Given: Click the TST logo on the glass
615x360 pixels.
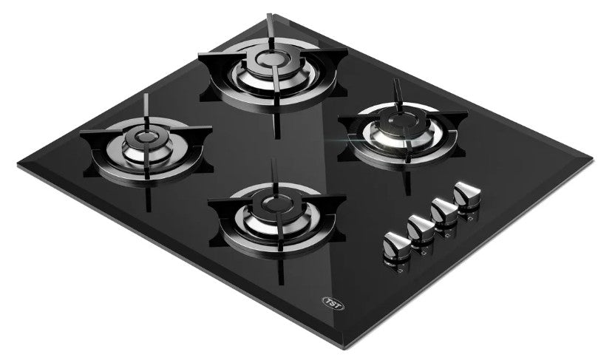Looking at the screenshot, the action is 333,303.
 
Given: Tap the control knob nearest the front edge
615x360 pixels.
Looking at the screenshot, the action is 396,245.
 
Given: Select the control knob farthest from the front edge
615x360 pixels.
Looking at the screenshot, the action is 467,195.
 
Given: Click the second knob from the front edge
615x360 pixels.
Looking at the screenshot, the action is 421,228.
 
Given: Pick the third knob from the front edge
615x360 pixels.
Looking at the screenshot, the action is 444,212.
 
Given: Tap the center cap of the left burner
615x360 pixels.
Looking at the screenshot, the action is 146,137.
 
